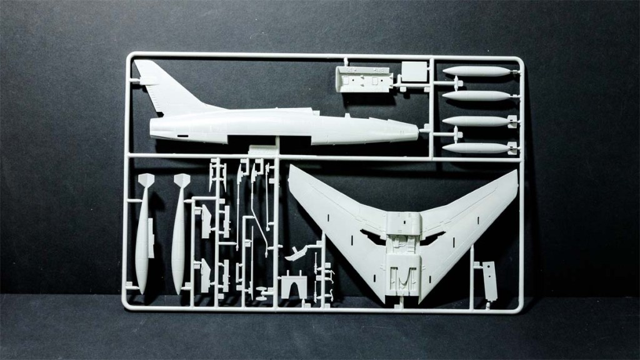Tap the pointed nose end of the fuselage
(x=415, y=132)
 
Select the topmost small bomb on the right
(x=476, y=71)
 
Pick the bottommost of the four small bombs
(x=476, y=148)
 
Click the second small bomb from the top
(x=476, y=96)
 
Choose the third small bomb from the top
(x=476, y=121)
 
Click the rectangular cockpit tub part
(x=364, y=81)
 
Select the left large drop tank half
(x=143, y=241)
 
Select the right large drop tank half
(x=179, y=241)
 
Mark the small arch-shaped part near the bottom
(x=293, y=287)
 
